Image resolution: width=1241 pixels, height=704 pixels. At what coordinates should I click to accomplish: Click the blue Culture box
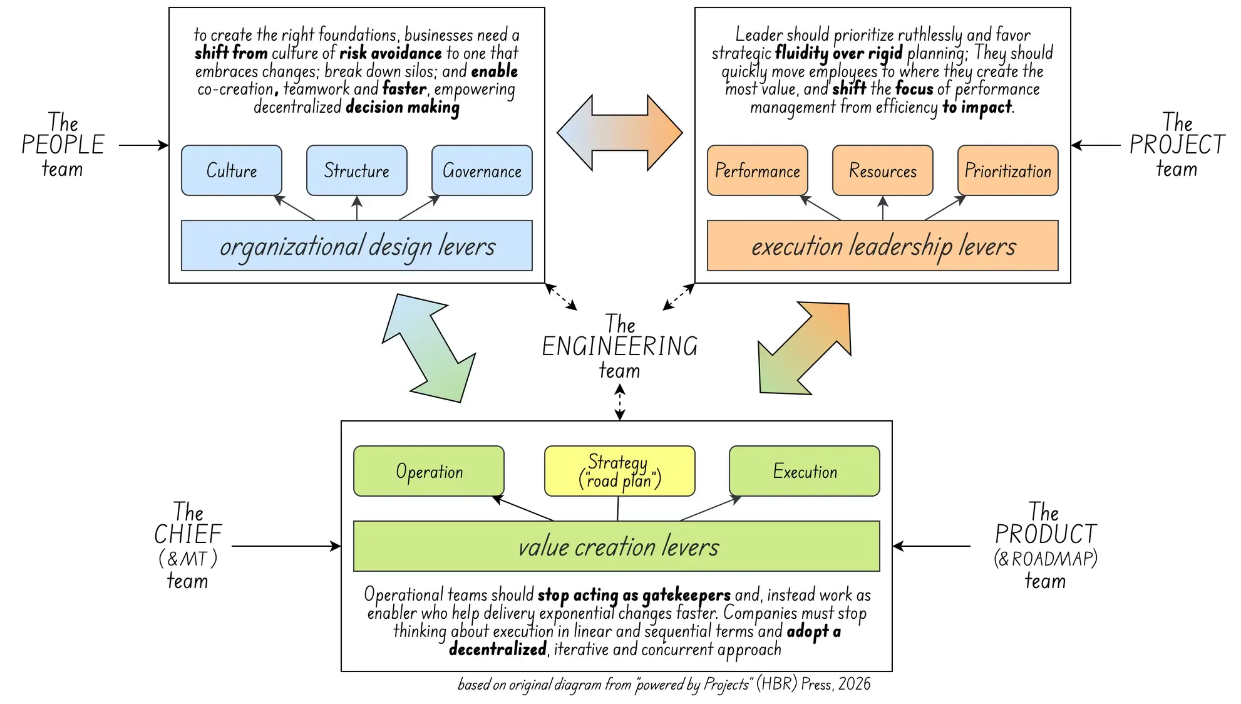[232, 170]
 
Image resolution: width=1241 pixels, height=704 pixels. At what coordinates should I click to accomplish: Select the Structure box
[357, 170]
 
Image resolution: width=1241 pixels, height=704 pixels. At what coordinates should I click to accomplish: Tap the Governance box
[482, 170]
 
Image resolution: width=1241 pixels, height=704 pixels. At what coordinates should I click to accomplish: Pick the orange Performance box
[758, 170]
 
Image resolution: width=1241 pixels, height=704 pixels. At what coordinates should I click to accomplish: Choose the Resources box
[883, 170]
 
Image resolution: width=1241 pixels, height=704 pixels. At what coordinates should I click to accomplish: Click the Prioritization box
[1008, 170]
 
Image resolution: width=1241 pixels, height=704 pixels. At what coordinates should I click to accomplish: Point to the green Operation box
[429, 471]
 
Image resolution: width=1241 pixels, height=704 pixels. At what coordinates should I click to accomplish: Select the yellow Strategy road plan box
[620, 471]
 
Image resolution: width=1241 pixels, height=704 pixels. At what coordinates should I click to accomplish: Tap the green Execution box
[805, 471]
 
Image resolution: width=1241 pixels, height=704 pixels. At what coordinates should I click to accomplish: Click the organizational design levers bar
[357, 246]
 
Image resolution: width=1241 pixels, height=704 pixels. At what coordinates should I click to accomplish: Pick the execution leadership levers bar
[883, 246]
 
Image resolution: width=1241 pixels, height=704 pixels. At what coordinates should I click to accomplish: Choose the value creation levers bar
[617, 546]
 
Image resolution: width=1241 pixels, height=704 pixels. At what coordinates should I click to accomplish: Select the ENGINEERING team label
[620, 346]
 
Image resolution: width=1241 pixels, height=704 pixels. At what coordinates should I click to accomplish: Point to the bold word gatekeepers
[686, 594]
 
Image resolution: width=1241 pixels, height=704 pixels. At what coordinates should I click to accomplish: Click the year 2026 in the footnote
[854, 684]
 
